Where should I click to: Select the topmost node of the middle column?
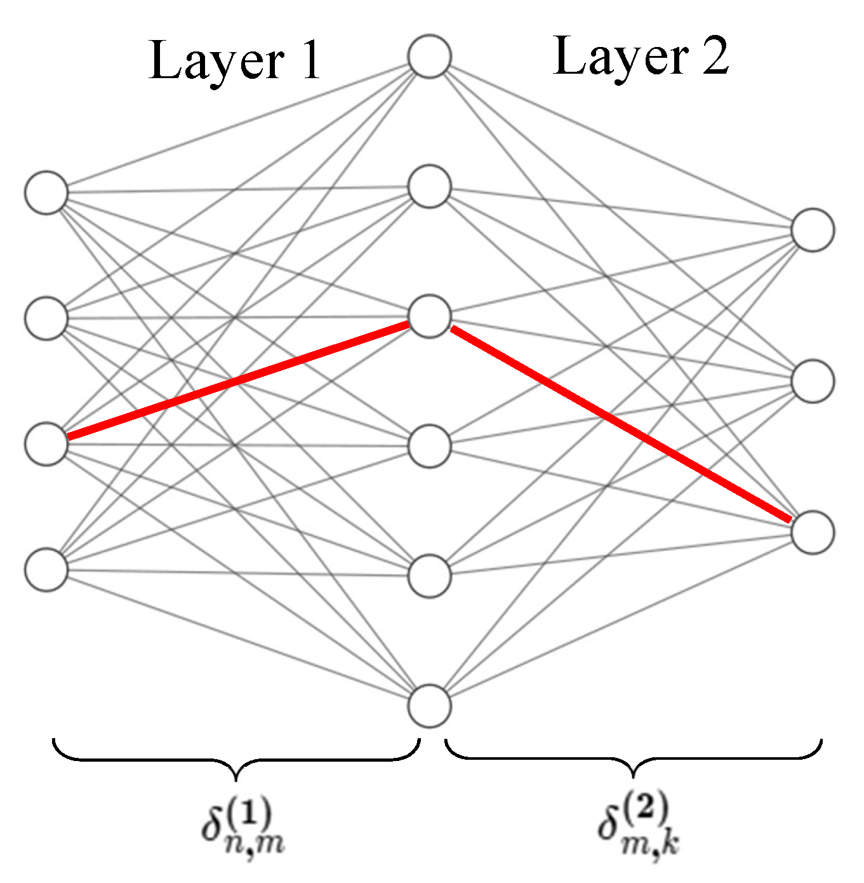tap(430, 57)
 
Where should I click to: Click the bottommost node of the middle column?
tap(430, 705)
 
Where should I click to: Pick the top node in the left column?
tap(46, 192)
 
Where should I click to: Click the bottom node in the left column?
tap(46, 570)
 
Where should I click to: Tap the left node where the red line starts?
tap(46, 444)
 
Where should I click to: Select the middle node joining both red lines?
tap(430, 316)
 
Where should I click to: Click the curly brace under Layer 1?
tap(236, 759)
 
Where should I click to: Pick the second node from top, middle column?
tap(430, 187)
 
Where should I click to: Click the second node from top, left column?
tap(46, 318)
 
